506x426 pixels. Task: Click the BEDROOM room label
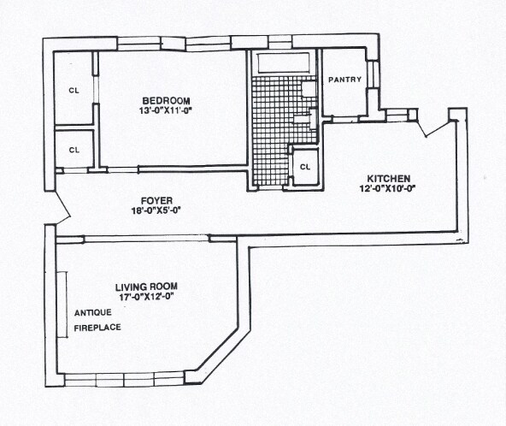pos(166,101)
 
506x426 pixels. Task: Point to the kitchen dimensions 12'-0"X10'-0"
pos(387,188)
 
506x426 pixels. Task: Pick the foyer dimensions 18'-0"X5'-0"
pos(156,210)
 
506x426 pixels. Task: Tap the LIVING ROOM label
pos(146,287)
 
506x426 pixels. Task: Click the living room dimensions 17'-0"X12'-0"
pos(147,297)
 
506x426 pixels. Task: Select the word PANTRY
pos(345,80)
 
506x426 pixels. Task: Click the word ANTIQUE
pos(93,312)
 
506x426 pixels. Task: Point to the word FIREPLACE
pos(97,328)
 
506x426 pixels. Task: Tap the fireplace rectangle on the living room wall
pos(62,305)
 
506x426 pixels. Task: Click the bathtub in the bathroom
pos(283,63)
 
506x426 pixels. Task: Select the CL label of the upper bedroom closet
pos(74,91)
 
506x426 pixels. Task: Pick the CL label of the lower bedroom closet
pos(74,151)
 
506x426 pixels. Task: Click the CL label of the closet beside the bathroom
pos(305,167)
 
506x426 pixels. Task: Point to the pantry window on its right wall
pos(373,74)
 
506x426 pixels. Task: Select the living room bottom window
pos(125,380)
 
